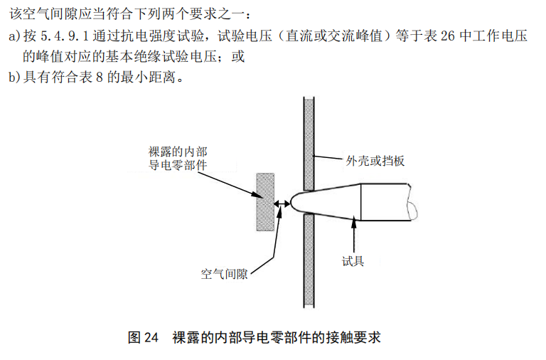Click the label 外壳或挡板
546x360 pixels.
pos(375,161)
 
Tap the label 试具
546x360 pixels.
pos(353,260)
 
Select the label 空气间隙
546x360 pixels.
pos(224,272)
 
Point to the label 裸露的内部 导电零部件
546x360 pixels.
pos(178,159)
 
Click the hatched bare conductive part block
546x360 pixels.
pos(265,201)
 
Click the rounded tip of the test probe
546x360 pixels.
pos(296,202)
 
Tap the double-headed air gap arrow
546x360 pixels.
pos(282,202)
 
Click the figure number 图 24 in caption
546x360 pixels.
pos(142,337)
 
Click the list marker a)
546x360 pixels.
pos(15,36)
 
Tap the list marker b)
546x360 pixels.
pos(15,77)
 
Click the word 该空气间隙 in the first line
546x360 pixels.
pos(42,15)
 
